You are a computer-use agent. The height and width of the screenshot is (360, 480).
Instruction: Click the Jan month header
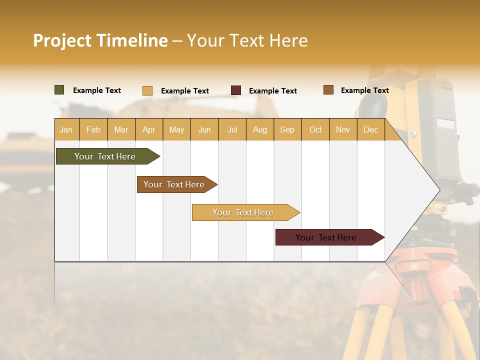pyautogui.click(x=66, y=129)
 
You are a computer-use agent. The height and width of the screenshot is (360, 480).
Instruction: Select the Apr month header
pyautogui.click(x=149, y=129)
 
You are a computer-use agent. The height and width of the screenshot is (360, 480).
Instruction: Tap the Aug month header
pyautogui.click(x=260, y=129)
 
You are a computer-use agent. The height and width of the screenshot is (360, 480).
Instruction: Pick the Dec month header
pyautogui.click(x=371, y=129)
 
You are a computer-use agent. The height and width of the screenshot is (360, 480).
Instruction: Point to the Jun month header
pyautogui.click(x=204, y=129)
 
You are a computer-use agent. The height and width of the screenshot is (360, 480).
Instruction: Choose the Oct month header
pyautogui.click(x=315, y=129)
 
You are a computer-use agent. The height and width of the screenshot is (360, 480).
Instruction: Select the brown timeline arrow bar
pyautogui.click(x=175, y=184)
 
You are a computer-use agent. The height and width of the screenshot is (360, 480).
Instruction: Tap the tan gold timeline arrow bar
pyautogui.click(x=244, y=212)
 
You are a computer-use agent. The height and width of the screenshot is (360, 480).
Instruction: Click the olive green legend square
pyautogui.click(x=59, y=90)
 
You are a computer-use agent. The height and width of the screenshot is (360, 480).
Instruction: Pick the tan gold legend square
pyautogui.click(x=147, y=90)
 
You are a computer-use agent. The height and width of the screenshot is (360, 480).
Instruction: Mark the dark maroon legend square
pyautogui.click(x=236, y=90)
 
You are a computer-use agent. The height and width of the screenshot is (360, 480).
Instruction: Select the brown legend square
pyautogui.click(x=328, y=90)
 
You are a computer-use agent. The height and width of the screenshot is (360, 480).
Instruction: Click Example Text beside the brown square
pyautogui.click(x=364, y=90)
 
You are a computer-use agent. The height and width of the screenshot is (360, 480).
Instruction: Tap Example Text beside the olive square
pyautogui.click(x=97, y=90)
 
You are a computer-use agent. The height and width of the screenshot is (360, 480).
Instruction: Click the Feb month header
pyautogui.click(x=93, y=129)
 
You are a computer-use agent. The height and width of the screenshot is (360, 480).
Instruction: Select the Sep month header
pyautogui.click(x=287, y=129)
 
